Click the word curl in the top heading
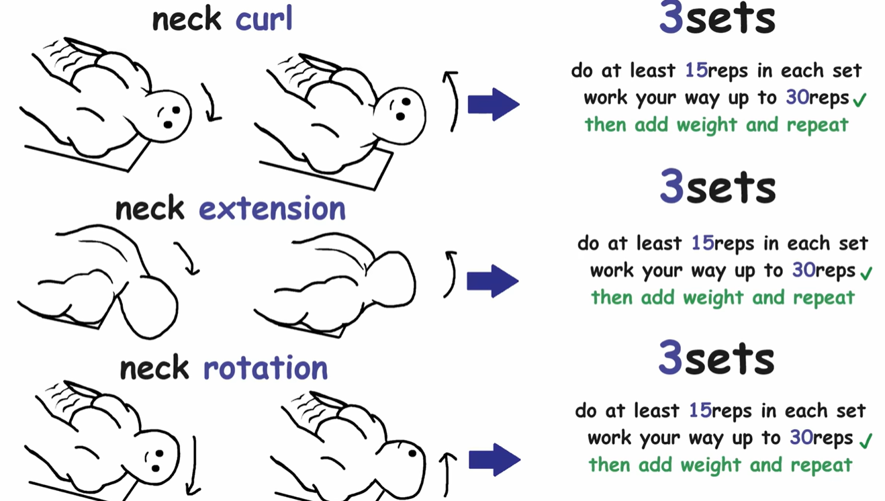point(264,19)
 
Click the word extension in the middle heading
point(272,208)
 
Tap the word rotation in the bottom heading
point(265,367)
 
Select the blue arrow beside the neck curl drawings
point(494,104)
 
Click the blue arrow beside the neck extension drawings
point(493,281)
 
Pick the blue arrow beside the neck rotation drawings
point(495,459)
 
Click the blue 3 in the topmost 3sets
point(671,17)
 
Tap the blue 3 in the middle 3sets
point(671,186)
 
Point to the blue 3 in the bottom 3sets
point(670,357)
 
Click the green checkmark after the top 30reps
point(859,100)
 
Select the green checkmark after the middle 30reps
point(866,273)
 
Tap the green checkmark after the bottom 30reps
point(866,441)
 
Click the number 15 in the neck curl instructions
point(696,71)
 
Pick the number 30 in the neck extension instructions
point(804,270)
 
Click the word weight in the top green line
point(707,126)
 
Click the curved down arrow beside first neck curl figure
point(212,102)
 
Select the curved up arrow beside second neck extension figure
point(451,274)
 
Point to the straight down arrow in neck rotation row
point(193,465)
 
